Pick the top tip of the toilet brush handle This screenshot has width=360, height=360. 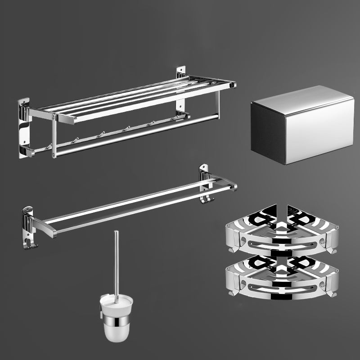(x=116, y=233)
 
